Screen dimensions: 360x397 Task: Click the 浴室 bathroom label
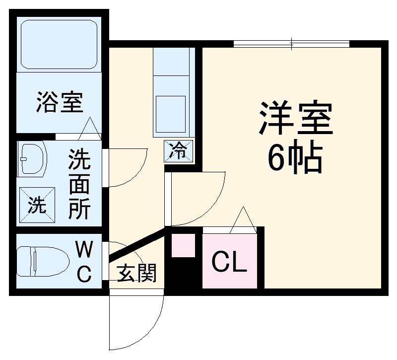[x=59, y=102]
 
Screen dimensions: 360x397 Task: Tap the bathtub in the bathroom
[x=59, y=45]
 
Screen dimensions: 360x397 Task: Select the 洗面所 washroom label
[x=79, y=184]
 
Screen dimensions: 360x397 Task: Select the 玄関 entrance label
[x=136, y=273]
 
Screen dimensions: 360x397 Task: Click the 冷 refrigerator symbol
[x=178, y=150]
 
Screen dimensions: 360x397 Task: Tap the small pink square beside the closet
[x=183, y=245]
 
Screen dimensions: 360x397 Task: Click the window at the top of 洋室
[x=291, y=44]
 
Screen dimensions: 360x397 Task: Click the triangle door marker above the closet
[x=243, y=220]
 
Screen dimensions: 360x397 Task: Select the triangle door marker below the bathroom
[x=90, y=129]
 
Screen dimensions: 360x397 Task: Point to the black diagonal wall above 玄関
[x=136, y=244]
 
